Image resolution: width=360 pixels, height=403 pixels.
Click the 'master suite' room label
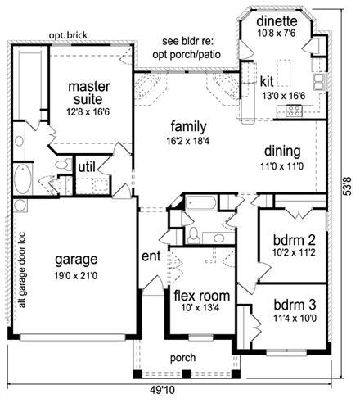[90, 93]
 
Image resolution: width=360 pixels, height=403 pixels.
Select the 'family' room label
[187, 127]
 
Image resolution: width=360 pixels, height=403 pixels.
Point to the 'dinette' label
[277, 21]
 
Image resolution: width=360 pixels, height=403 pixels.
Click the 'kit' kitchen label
[267, 82]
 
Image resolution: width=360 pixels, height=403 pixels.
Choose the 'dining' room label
[283, 152]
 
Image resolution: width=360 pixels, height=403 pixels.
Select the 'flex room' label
[200, 295]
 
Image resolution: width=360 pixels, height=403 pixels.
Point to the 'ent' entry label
[151, 256]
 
